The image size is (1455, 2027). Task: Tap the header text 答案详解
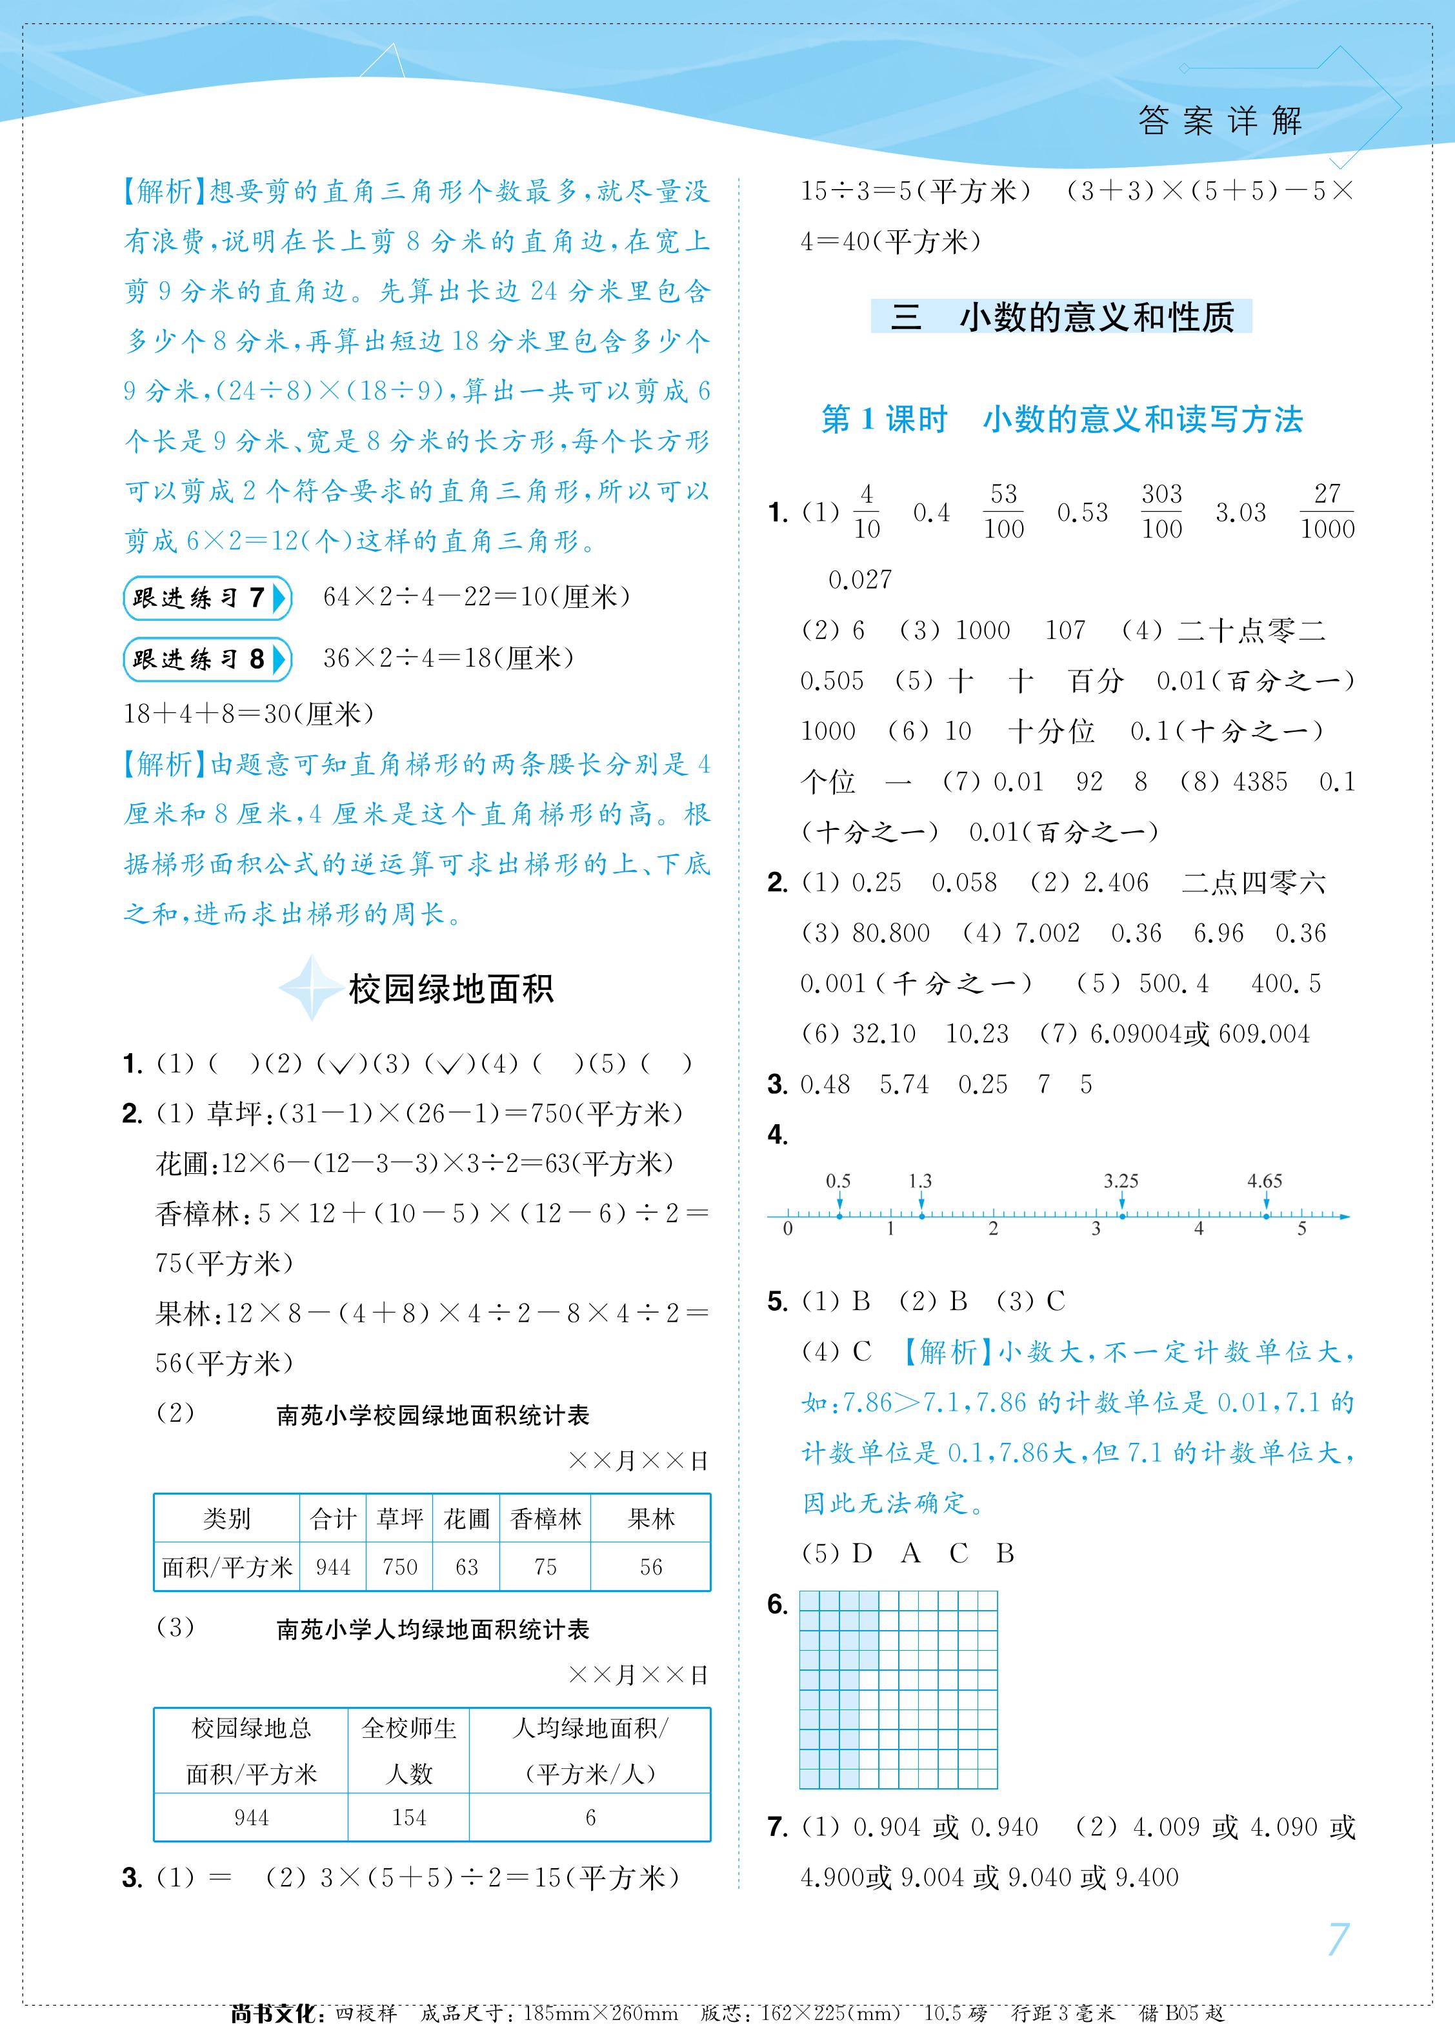coord(1221,121)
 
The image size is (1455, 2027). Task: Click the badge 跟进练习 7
coord(206,598)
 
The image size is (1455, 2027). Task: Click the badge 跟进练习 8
coord(206,660)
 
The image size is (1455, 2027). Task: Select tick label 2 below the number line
coord(993,1229)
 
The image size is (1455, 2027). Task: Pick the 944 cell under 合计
coord(332,1567)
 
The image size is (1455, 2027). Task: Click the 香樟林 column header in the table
coord(545,1518)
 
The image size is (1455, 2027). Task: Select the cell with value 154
coord(408,1817)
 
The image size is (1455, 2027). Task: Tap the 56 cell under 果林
coord(650,1567)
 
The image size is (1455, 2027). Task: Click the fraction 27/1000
coord(1327,511)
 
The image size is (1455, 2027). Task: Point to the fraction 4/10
coord(866,511)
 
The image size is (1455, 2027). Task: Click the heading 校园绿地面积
coord(450,989)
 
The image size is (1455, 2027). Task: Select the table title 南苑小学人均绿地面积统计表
coord(432,1629)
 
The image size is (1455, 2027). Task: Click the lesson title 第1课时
coord(884,419)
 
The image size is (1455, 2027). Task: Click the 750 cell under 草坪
coord(399,1567)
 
